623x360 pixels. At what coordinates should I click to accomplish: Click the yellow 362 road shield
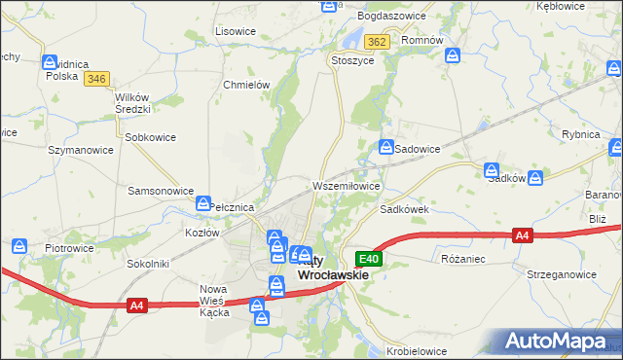pos(378,42)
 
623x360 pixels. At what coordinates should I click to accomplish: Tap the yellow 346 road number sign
pos(95,79)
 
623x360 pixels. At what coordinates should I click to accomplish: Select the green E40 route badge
pos(368,259)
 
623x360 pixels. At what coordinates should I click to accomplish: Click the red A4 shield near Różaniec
pos(523,235)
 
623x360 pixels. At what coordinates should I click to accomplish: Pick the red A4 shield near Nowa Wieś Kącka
pos(137,306)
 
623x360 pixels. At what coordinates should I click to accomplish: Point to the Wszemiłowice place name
pos(345,185)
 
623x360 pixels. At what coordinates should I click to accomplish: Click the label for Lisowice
pos(235,31)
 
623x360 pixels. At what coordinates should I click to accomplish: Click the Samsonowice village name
pos(161,191)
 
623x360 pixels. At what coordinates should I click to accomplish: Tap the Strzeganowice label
pos(560,275)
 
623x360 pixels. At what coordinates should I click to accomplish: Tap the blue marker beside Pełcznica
pos(203,204)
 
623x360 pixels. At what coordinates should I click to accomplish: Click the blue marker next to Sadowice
pos(385,147)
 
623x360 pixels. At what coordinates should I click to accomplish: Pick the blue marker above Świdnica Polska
pos(50,62)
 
